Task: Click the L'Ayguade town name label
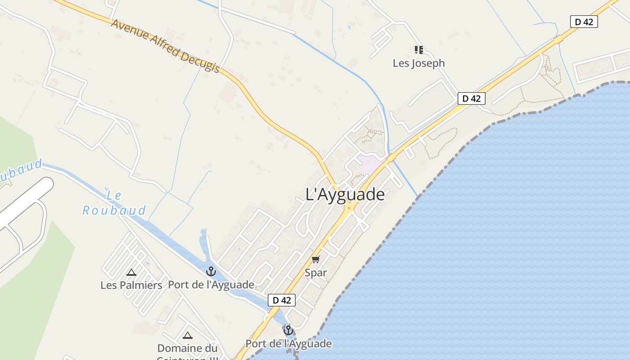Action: click(x=345, y=194)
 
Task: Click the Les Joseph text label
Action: click(x=418, y=63)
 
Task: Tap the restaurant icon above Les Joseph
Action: click(x=419, y=49)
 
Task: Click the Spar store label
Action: click(x=315, y=273)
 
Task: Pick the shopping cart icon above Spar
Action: click(x=315, y=260)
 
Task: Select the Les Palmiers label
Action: click(x=131, y=285)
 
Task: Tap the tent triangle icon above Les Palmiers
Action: click(x=131, y=272)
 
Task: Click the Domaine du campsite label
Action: click(x=187, y=348)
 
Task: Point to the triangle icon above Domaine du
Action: click(x=188, y=335)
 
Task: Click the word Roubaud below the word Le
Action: click(x=114, y=211)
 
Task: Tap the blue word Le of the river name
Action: click(x=114, y=196)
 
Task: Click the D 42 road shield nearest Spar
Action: click(x=282, y=300)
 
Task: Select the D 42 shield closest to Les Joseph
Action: click(x=471, y=99)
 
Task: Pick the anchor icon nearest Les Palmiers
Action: click(x=211, y=271)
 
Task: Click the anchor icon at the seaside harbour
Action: click(x=288, y=331)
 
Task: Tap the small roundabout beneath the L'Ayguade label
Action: click(x=349, y=208)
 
